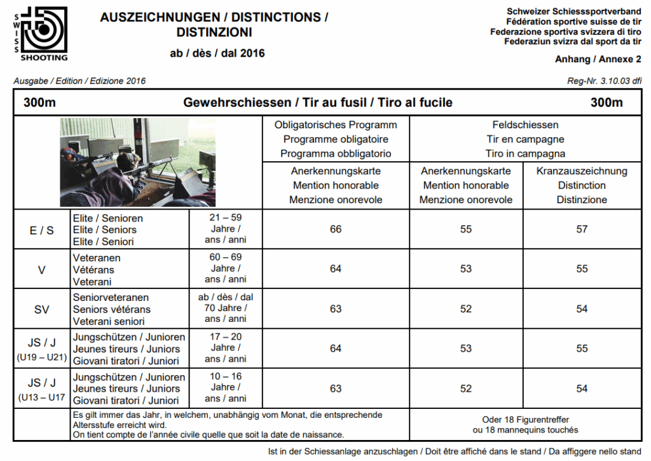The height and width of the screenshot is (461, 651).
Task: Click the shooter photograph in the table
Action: coord(129,162)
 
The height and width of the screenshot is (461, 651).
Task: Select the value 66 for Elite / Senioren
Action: coord(336,229)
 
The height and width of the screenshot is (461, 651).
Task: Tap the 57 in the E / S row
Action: coord(582,229)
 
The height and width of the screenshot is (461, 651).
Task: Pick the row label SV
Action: coord(42,309)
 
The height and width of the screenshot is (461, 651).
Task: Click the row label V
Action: coord(42,269)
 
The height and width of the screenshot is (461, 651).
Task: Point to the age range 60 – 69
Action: coord(226,257)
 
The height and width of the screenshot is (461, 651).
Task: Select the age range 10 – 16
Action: coord(226,377)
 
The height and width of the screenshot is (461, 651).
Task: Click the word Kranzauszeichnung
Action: coord(582,171)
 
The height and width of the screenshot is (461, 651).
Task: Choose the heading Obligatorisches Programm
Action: coord(336,125)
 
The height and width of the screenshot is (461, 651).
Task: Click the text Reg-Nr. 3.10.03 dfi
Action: coord(604,81)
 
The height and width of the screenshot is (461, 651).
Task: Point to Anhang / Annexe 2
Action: coord(598,59)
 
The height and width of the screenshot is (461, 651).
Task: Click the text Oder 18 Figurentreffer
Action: coord(525,419)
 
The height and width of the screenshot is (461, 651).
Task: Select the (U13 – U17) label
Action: coord(42,398)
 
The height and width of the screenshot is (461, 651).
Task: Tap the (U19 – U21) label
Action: coord(42,358)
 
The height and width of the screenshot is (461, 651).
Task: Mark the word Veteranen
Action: coord(97,258)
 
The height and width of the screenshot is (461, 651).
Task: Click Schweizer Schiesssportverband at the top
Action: coord(573,11)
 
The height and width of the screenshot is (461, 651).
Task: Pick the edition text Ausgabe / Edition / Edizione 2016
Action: coord(79,81)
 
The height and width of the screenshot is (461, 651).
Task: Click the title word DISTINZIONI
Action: coord(214,32)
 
